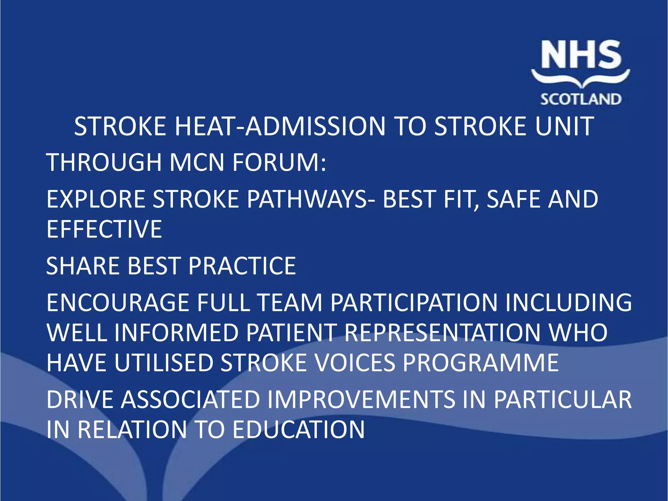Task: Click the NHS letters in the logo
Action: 581,55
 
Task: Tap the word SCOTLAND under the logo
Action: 581,99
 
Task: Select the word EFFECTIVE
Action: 104,229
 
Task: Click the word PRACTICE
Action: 242,266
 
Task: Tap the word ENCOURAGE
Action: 118,302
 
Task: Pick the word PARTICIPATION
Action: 414,302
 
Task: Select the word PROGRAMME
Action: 481,363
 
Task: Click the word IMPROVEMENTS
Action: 361,400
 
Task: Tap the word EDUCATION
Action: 298,430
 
